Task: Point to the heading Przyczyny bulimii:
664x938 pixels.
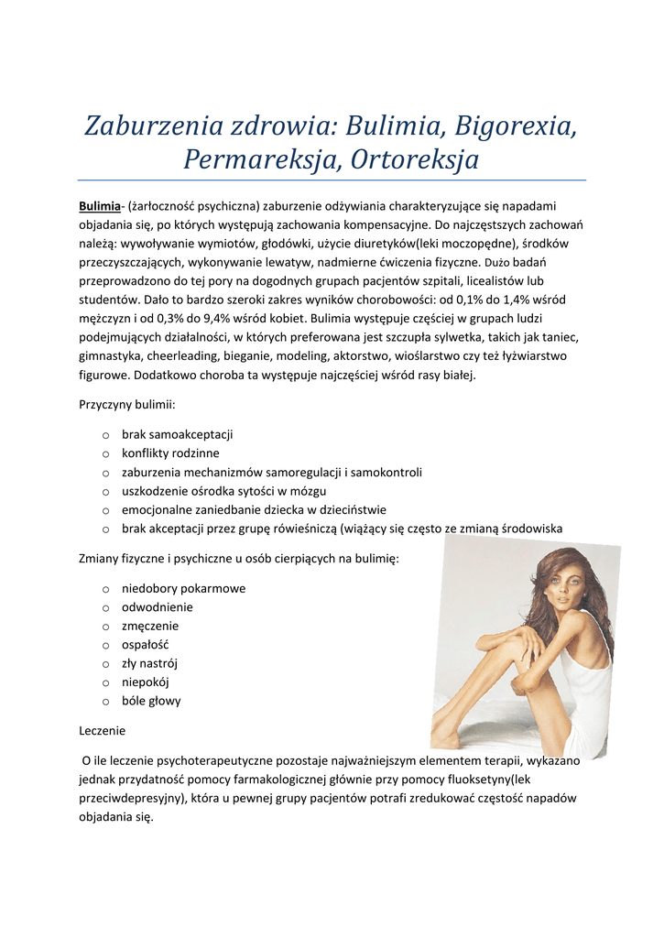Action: (127, 404)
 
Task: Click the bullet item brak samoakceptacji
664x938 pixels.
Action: (178, 434)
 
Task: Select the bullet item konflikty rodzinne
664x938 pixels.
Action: (171, 453)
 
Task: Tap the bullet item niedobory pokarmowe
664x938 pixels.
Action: (183, 588)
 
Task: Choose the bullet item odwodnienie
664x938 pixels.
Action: (158, 607)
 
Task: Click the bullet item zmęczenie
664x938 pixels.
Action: (150, 626)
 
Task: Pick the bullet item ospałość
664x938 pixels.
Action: (146, 645)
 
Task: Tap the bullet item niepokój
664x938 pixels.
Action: (146, 682)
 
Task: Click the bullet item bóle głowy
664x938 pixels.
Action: (151, 701)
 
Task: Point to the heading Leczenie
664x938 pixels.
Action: (103, 731)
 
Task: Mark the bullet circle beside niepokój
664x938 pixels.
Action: (106, 683)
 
